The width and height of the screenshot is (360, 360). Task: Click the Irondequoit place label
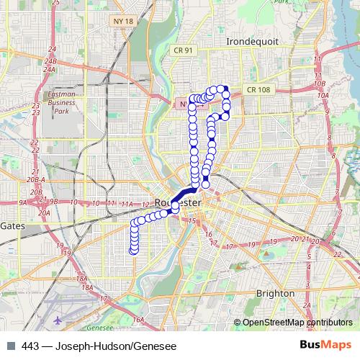[251, 42]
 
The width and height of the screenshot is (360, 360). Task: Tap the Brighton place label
[275, 293]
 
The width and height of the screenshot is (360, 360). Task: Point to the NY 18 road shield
[123, 22]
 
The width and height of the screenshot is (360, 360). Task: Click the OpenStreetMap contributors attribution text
[297, 323]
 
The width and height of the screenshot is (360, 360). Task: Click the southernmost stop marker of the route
[133, 251]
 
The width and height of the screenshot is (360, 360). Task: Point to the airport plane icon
[58, 319]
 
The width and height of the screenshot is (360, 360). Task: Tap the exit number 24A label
[49, 70]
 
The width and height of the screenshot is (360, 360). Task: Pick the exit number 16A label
[138, 318]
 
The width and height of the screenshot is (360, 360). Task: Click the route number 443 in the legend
[30, 346]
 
